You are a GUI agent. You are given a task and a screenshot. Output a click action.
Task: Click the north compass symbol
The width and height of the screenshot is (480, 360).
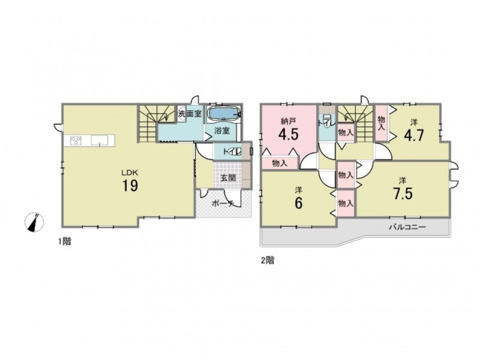34,222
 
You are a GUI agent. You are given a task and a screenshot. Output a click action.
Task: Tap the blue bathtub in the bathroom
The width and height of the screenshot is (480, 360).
223,114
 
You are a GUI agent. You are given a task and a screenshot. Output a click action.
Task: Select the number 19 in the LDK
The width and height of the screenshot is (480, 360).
130,186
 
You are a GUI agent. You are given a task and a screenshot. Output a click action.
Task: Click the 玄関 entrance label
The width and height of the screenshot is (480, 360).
229,178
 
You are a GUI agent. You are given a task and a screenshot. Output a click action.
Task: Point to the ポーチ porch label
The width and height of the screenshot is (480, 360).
223,203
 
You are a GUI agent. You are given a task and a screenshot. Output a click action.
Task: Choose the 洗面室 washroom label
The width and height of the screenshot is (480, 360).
190,114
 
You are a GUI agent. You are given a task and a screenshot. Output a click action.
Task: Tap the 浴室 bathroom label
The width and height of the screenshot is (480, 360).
222,131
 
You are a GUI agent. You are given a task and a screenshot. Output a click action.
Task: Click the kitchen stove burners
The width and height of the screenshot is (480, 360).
76,140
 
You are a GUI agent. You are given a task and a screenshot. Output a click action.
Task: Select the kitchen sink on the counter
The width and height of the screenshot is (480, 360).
100,140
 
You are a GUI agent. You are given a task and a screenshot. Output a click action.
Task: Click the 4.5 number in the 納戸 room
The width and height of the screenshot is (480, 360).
288,134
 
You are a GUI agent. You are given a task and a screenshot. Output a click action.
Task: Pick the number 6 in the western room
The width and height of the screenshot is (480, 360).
298,203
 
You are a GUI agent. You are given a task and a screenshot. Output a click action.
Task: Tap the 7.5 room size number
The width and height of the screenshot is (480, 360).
403,193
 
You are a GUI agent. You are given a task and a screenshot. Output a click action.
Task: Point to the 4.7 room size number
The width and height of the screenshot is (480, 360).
414,135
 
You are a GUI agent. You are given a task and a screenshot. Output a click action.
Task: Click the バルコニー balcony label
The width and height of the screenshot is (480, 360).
407,227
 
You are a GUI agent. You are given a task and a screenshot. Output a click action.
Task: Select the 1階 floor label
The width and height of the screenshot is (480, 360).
65,242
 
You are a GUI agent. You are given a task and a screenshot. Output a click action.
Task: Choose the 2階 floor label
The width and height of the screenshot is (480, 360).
268,260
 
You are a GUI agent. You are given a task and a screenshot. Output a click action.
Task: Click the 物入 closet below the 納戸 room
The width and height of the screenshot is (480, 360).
280,163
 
